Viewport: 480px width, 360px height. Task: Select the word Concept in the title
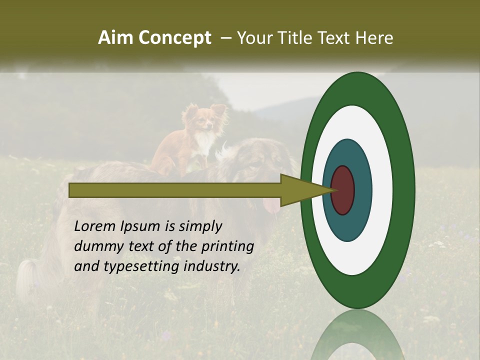[175, 38]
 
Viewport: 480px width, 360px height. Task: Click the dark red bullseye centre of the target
[343, 190]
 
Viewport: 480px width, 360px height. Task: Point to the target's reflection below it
[357, 335]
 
